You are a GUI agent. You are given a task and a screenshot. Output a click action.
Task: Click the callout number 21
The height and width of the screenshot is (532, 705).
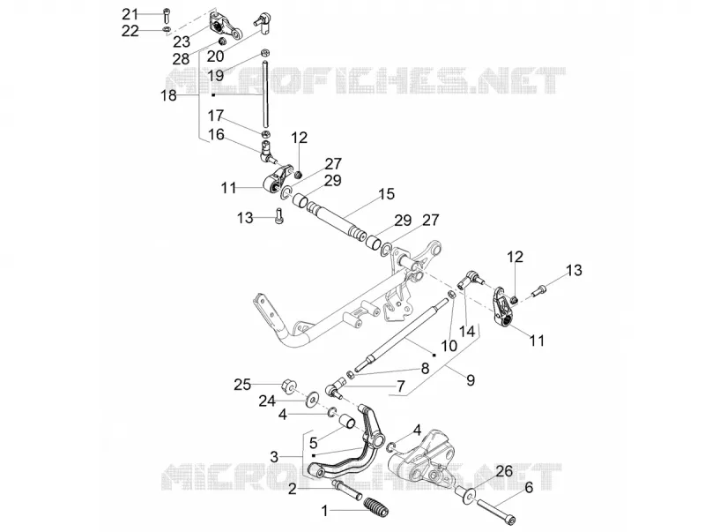pyautogui.click(x=130, y=14)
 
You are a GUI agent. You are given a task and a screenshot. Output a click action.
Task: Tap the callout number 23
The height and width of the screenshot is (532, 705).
pyautogui.click(x=182, y=41)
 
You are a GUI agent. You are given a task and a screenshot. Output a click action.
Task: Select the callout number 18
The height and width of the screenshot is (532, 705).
pyautogui.click(x=169, y=95)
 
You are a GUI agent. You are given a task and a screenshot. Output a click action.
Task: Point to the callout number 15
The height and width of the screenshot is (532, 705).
pyautogui.click(x=386, y=194)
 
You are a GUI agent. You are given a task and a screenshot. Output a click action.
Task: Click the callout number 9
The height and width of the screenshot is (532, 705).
pyautogui.click(x=471, y=380)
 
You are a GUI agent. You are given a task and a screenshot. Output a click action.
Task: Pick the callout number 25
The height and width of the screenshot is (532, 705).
pyautogui.click(x=242, y=386)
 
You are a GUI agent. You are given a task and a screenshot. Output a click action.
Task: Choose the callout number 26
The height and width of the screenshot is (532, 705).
pyautogui.click(x=504, y=472)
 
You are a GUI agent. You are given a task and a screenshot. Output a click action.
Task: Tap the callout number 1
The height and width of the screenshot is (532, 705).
pyautogui.click(x=325, y=512)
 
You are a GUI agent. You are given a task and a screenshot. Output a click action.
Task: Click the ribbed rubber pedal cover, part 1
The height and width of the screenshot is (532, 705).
pyautogui.click(x=376, y=506)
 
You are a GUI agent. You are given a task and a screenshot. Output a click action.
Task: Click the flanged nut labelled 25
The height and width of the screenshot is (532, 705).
pyautogui.click(x=287, y=386)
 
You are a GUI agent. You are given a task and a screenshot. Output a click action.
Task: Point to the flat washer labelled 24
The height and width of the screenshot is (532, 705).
pyautogui.click(x=310, y=400)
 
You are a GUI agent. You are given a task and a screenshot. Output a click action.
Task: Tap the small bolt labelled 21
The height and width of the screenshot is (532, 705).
pyautogui.click(x=166, y=16)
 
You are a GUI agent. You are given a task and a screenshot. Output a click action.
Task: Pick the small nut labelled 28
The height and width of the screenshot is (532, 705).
pyautogui.click(x=222, y=41)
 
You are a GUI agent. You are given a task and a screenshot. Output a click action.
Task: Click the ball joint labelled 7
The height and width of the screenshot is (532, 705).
pyautogui.click(x=335, y=388)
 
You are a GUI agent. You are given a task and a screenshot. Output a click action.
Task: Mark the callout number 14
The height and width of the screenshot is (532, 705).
pyautogui.click(x=467, y=331)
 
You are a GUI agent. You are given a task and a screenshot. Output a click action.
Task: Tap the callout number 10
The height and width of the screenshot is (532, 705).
pyautogui.click(x=449, y=345)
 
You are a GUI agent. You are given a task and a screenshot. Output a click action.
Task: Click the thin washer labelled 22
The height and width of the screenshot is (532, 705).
pyautogui.click(x=166, y=30)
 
